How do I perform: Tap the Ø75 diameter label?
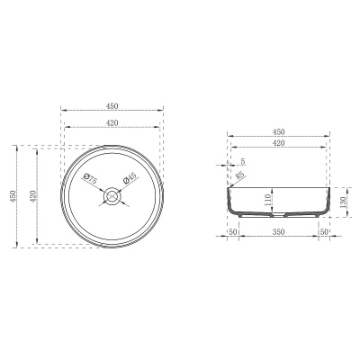92,179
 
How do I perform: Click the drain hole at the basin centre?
112,194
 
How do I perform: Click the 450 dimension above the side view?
279,131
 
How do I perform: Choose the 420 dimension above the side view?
279,143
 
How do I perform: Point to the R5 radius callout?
241,176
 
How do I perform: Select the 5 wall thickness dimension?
242,162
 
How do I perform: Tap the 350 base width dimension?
279,232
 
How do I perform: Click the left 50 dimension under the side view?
232,232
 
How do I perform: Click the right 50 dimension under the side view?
325,232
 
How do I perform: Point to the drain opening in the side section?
279,215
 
